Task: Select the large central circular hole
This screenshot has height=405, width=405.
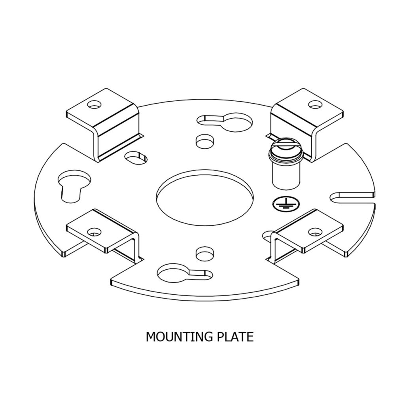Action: point(204,197)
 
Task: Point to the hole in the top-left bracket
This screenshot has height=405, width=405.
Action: point(94,104)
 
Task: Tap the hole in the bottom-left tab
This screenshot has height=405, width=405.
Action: point(94,232)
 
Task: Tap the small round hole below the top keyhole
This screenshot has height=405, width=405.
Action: point(205,141)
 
